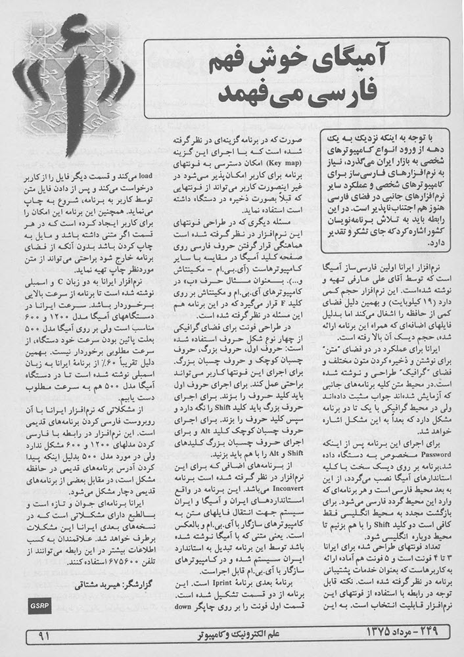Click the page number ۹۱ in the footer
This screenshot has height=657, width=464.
pos(45,636)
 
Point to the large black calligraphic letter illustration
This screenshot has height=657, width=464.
pos(66,85)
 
